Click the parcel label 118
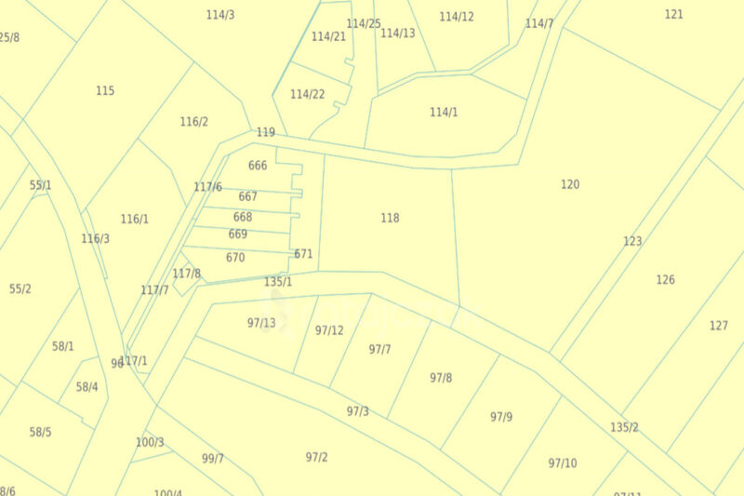pos(390,218)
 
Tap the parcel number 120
pos(570,184)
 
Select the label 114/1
pos(444,113)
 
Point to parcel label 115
pos(105,90)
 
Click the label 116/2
pos(193,122)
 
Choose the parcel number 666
pos(258,166)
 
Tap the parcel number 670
pos(235,258)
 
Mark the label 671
pos(303,254)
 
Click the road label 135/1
pos(278,282)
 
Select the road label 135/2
pos(624,427)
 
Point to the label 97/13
pos(261,323)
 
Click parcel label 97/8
pos(441,378)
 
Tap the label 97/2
pos(316,457)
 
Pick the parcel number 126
pos(665,279)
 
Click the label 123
pos(632,241)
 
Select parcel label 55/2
pos(20,288)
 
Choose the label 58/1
pos(62,346)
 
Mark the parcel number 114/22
pos(307,94)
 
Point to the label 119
pos(266,132)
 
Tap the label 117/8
pos(186,274)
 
